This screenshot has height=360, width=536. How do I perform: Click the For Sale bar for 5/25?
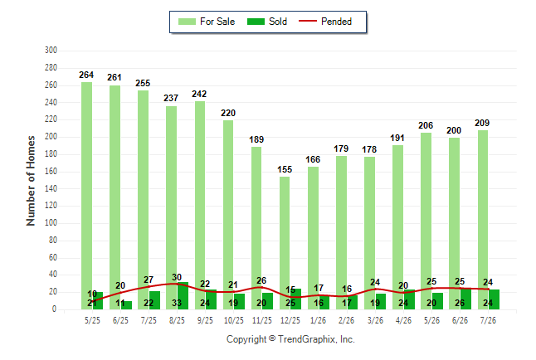pos(86,196)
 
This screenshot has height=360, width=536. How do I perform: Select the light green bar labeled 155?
pos(285,243)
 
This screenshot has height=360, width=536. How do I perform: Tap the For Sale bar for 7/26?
pos(483,220)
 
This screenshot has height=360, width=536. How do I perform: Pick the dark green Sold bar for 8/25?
pos(183,296)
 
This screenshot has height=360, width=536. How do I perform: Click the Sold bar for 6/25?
pos(126,305)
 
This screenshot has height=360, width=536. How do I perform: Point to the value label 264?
pos(86,75)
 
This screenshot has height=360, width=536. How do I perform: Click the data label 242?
pos(199,94)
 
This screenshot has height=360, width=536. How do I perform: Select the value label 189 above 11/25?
pos(256,139)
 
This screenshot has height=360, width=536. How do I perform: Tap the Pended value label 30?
pos(177,277)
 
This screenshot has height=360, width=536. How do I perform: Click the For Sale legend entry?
pos(207,22)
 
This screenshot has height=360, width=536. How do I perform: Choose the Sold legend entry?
pos(267,22)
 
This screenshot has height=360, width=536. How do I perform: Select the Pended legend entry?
pos(325,22)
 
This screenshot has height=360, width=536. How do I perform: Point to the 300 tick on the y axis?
pos(51,51)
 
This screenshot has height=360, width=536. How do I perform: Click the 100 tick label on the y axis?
pos(51,223)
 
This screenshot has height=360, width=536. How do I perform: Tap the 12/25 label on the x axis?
pos(290,320)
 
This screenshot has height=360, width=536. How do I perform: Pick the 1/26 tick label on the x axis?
pos(319,320)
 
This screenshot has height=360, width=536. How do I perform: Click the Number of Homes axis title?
pos(31,181)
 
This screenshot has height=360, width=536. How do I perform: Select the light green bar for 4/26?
pos(398,227)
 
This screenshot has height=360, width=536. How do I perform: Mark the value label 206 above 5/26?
pos(426,125)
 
